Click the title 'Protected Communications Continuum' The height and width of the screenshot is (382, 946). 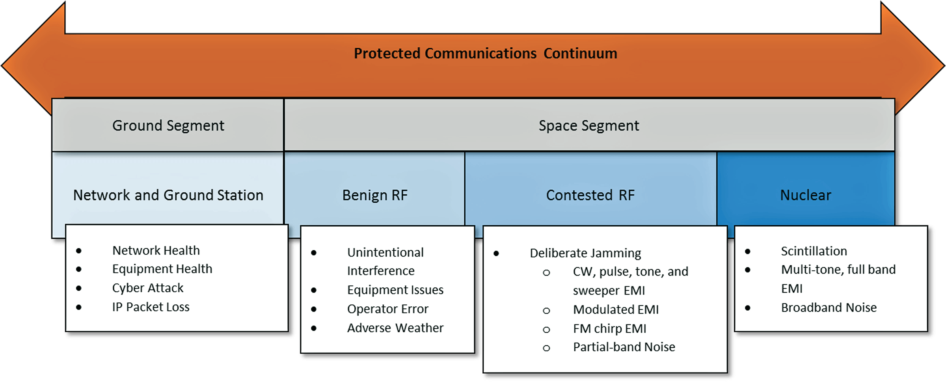tap(485, 54)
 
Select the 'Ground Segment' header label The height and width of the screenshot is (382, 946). tap(168, 126)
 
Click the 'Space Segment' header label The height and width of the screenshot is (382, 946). tap(588, 126)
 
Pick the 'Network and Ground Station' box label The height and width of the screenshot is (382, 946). tap(168, 195)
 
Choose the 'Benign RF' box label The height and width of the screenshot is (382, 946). tap(374, 195)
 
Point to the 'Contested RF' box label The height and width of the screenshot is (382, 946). tap(590, 195)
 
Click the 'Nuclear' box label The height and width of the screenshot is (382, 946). tap(805, 195)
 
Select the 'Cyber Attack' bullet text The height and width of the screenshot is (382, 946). tap(148, 288)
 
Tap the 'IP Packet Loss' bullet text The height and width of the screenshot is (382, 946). tap(151, 307)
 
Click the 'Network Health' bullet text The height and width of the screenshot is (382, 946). tap(156, 250)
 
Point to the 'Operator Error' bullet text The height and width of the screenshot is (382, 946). tap(387, 309)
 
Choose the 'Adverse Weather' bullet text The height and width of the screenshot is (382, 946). tap(395, 328)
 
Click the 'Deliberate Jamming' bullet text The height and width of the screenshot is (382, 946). tap(585, 253)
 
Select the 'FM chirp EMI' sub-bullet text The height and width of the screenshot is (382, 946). tap(609, 329)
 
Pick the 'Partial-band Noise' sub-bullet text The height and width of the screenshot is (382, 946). tap(624, 347)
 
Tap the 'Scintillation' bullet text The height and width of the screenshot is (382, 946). tap(814, 251)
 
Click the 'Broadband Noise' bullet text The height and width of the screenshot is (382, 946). tap(829, 307)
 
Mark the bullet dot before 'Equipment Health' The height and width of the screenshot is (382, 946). tap(79, 269)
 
